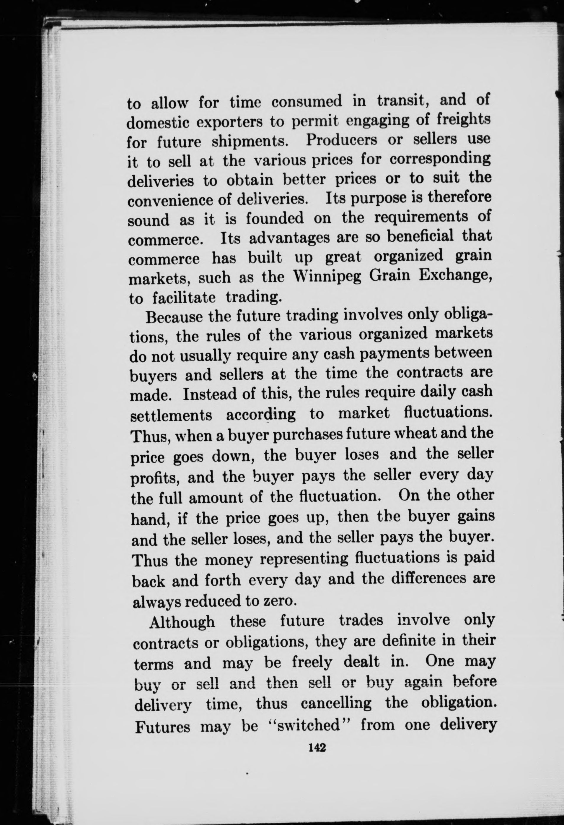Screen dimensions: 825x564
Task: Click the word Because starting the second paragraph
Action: tap(175, 317)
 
